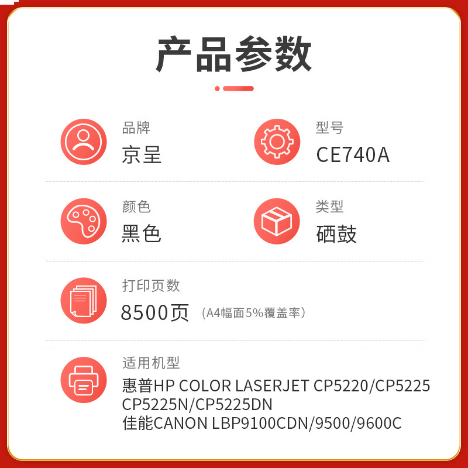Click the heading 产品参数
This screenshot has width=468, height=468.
click(233, 54)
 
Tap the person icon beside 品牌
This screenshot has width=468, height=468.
click(84, 142)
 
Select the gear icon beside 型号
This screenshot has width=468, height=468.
click(277, 142)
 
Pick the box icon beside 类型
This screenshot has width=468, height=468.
click(277, 221)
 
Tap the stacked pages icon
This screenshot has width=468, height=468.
click(84, 301)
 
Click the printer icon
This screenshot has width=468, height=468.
click(84, 380)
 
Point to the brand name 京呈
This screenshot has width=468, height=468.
click(142, 154)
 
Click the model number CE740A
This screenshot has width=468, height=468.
click(353, 155)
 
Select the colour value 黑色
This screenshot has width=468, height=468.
click(142, 233)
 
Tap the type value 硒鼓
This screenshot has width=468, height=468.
click(336, 234)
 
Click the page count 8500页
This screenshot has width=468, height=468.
click(154, 312)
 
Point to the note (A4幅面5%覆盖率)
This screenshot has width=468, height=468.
click(254, 313)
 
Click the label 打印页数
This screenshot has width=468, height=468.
click(151, 285)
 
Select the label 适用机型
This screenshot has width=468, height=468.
click(151, 363)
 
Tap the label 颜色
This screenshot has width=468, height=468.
click(136, 207)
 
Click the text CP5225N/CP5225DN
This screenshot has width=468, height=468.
click(197, 405)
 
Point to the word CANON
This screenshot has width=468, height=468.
click(181, 423)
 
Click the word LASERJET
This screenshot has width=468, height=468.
click(272, 386)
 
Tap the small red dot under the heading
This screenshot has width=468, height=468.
click(217, 88)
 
